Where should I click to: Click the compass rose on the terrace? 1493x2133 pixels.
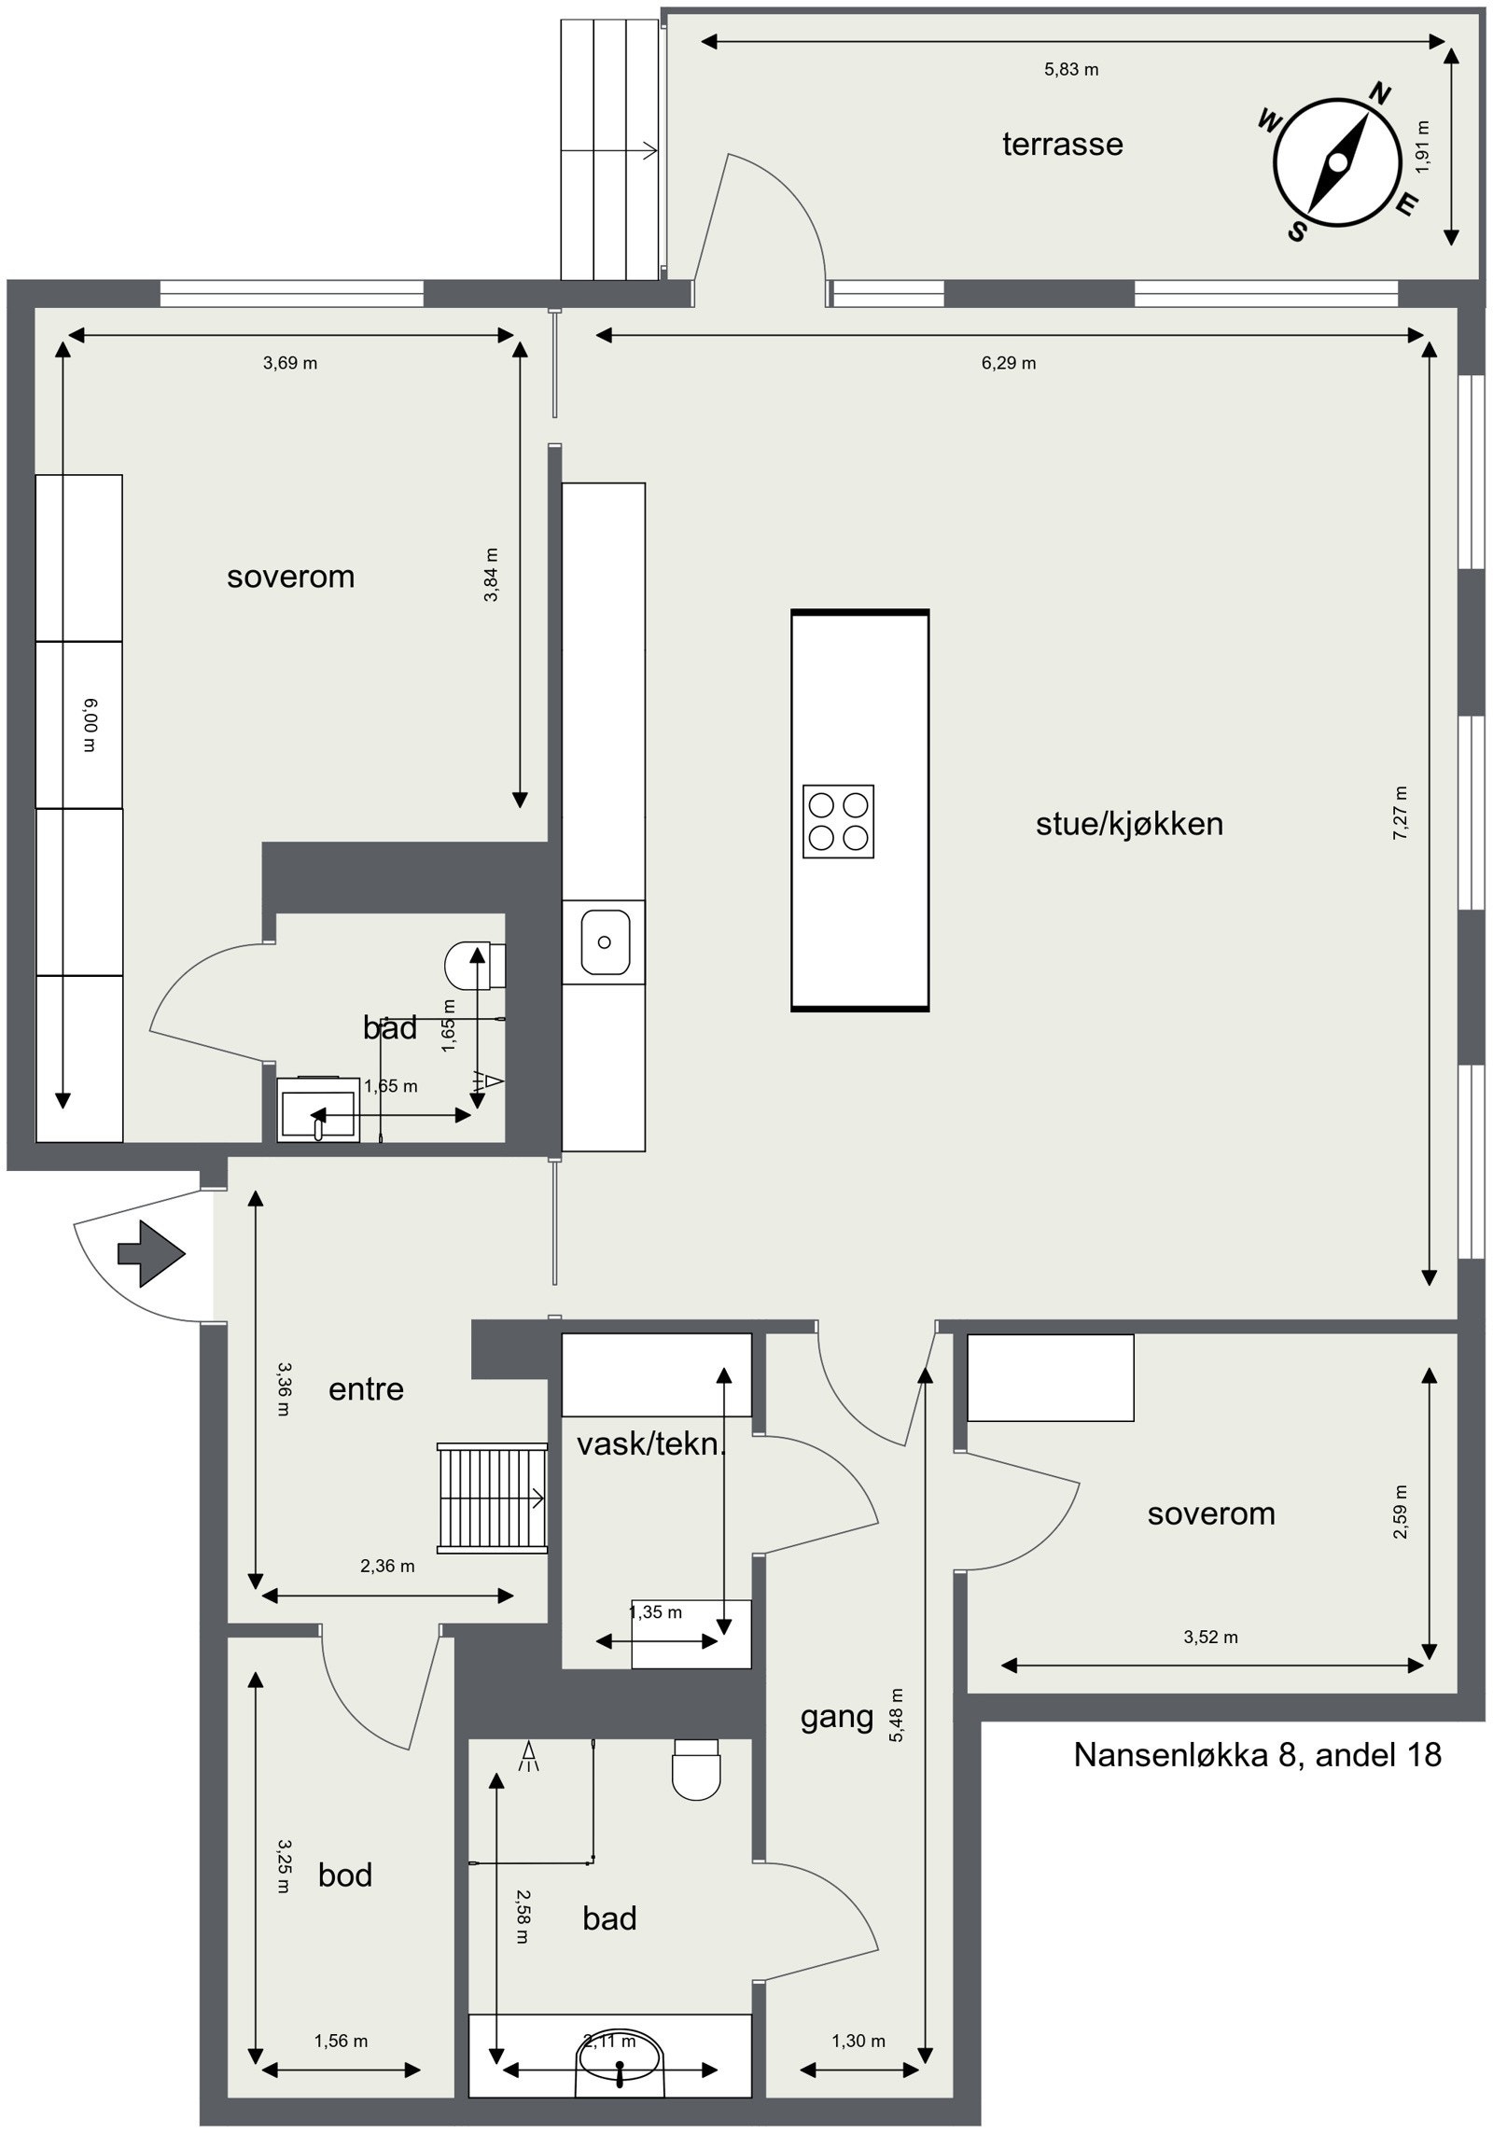coord(1337,163)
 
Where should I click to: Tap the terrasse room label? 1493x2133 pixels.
coord(1062,144)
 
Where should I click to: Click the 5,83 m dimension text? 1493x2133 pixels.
coord(1070,69)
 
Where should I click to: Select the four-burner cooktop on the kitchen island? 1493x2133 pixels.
coord(838,821)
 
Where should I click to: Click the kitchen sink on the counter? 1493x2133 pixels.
coord(605,942)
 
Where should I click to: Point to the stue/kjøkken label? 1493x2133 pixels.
coord(1129,824)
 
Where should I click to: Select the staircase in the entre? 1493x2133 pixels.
coord(492,1498)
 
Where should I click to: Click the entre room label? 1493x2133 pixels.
coord(366,1389)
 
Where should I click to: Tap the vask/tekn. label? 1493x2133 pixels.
coord(650,1444)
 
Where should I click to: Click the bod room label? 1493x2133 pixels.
coord(344,1875)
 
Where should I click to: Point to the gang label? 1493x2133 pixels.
coord(837,1716)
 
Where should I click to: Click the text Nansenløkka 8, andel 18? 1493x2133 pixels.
coord(1257,1754)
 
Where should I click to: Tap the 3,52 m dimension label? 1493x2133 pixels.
coord(1210,1637)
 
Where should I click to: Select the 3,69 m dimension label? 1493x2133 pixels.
coord(289,363)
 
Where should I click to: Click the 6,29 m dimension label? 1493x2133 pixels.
coord(1008,363)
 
